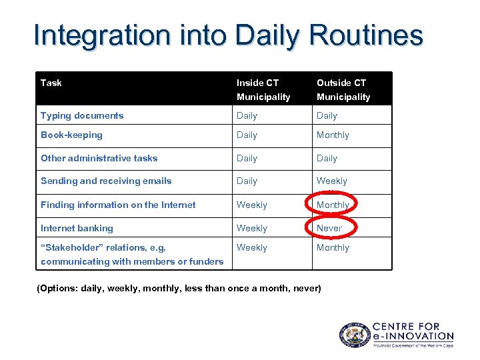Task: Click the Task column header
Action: pyautogui.click(x=51, y=83)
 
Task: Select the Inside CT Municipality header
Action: pyautogui.click(x=263, y=89)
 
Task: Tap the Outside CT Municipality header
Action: pyautogui.click(x=343, y=89)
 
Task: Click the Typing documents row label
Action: pyautogui.click(x=82, y=115)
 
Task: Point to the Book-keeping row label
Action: pyautogui.click(x=71, y=135)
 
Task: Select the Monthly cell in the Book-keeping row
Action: pyautogui.click(x=333, y=135)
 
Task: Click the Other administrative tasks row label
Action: pyautogui.click(x=99, y=158)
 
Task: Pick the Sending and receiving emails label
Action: pyautogui.click(x=106, y=181)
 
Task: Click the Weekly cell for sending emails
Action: pyautogui.click(x=332, y=181)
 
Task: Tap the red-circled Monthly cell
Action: pyautogui.click(x=333, y=205)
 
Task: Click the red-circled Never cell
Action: pyautogui.click(x=329, y=228)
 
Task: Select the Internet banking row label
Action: pyautogui.click(x=77, y=228)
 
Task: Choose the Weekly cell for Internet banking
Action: pyautogui.click(x=252, y=228)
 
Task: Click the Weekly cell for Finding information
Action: pyautogui.click(x=252, y=205)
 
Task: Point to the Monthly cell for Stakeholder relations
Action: pyautogui.click(x=333, y=247)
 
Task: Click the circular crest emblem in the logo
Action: pyautogui.click(x=353, y=335)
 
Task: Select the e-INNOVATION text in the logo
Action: pyautogui.click(x=413, y=336)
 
